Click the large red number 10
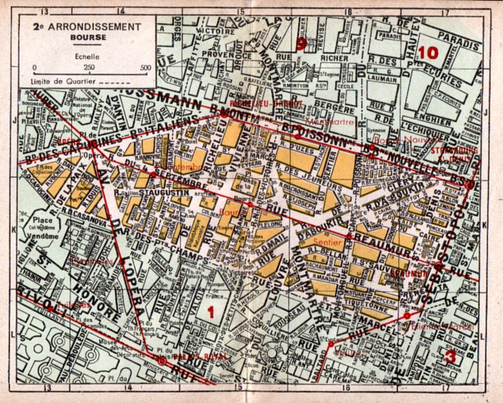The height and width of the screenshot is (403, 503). click(x=429, y=53)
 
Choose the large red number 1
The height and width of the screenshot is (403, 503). click(x=211, y=312)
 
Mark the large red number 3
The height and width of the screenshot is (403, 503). click(x=450, y=358)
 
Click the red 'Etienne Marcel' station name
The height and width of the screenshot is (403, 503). click(x=442, y=326)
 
